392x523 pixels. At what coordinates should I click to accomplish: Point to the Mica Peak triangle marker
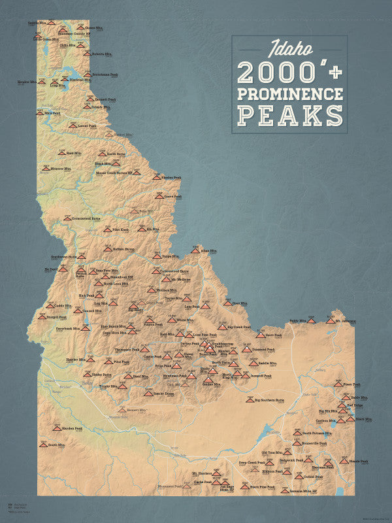pyautogui.click(x=41, y=112)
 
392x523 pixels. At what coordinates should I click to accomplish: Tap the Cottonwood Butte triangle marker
pyautogui.click(x=67, y=218)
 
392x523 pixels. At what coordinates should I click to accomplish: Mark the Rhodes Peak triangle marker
pyautogui.click(x=157, y=177)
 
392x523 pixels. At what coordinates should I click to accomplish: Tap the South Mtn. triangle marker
pyautogui.click(x=44, y=444)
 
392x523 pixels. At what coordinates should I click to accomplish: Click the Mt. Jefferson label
pyautogui.click(x=346, y=321)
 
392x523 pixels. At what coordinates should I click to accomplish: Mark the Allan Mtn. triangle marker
pyautogui.click(x=195, y=249)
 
